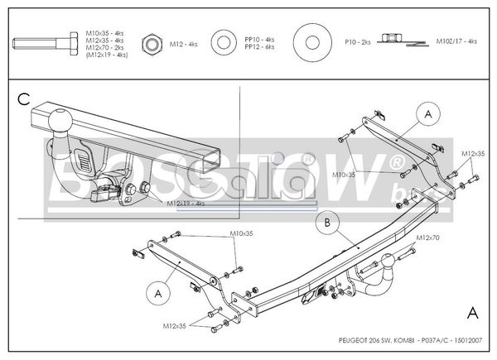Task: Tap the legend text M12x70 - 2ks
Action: click(105, 47)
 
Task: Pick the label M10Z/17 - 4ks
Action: click(456, 40)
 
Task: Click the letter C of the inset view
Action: click(24, 99)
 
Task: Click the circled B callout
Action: click(328, 223)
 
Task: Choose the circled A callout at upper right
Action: click(428, 113)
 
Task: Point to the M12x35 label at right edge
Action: click(474, 154)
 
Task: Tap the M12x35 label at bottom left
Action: click(175, 324)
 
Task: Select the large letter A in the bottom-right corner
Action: click(471, 313)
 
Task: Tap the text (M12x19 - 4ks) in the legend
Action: click(106, 54)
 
